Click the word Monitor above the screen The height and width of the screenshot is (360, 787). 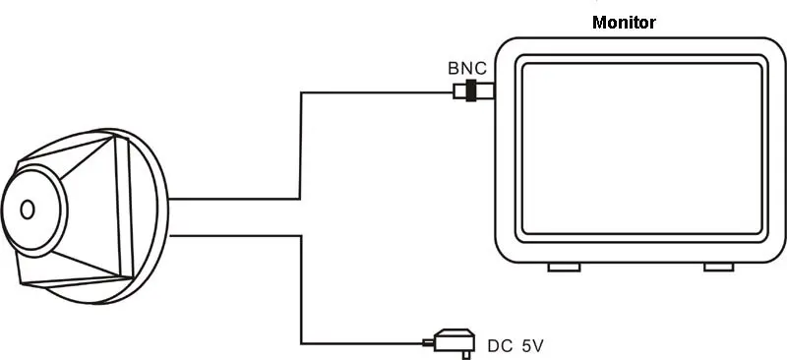pos(624,23)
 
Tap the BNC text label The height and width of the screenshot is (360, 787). pos(466,68)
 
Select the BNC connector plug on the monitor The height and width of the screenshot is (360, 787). pos(474,90)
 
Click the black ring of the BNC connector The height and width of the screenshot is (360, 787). pos(471,90)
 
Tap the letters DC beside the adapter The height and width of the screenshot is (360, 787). pos(500,346)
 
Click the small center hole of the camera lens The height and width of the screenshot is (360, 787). pos(28,210)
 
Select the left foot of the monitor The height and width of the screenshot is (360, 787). pos(564,268)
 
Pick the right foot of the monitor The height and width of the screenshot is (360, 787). pos(718,268)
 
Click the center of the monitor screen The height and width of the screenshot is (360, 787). pos(642,149)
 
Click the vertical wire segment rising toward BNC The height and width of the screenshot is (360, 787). pos(301,146)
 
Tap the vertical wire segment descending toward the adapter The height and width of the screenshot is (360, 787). pos(301,290)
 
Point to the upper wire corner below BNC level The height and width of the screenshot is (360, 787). pos(301,92)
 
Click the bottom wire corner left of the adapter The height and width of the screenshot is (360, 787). pos(301,344)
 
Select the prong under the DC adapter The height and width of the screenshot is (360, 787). pos(466,355)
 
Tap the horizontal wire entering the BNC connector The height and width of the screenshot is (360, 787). pos(377,92)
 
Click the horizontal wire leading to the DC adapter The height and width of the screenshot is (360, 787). pos(362,344)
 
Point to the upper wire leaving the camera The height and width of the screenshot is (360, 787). pos(234,200)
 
